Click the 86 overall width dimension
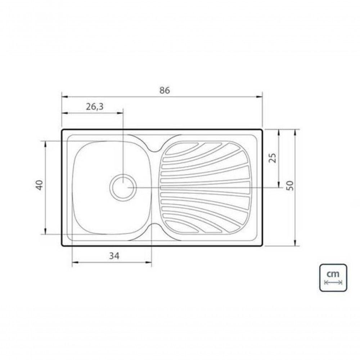165,90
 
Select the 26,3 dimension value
95,107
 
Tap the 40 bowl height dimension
40,185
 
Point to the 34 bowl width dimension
114,256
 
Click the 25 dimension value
273,158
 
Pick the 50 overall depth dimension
290,185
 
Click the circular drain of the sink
123,187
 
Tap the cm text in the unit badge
333,274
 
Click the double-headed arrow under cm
333,282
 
